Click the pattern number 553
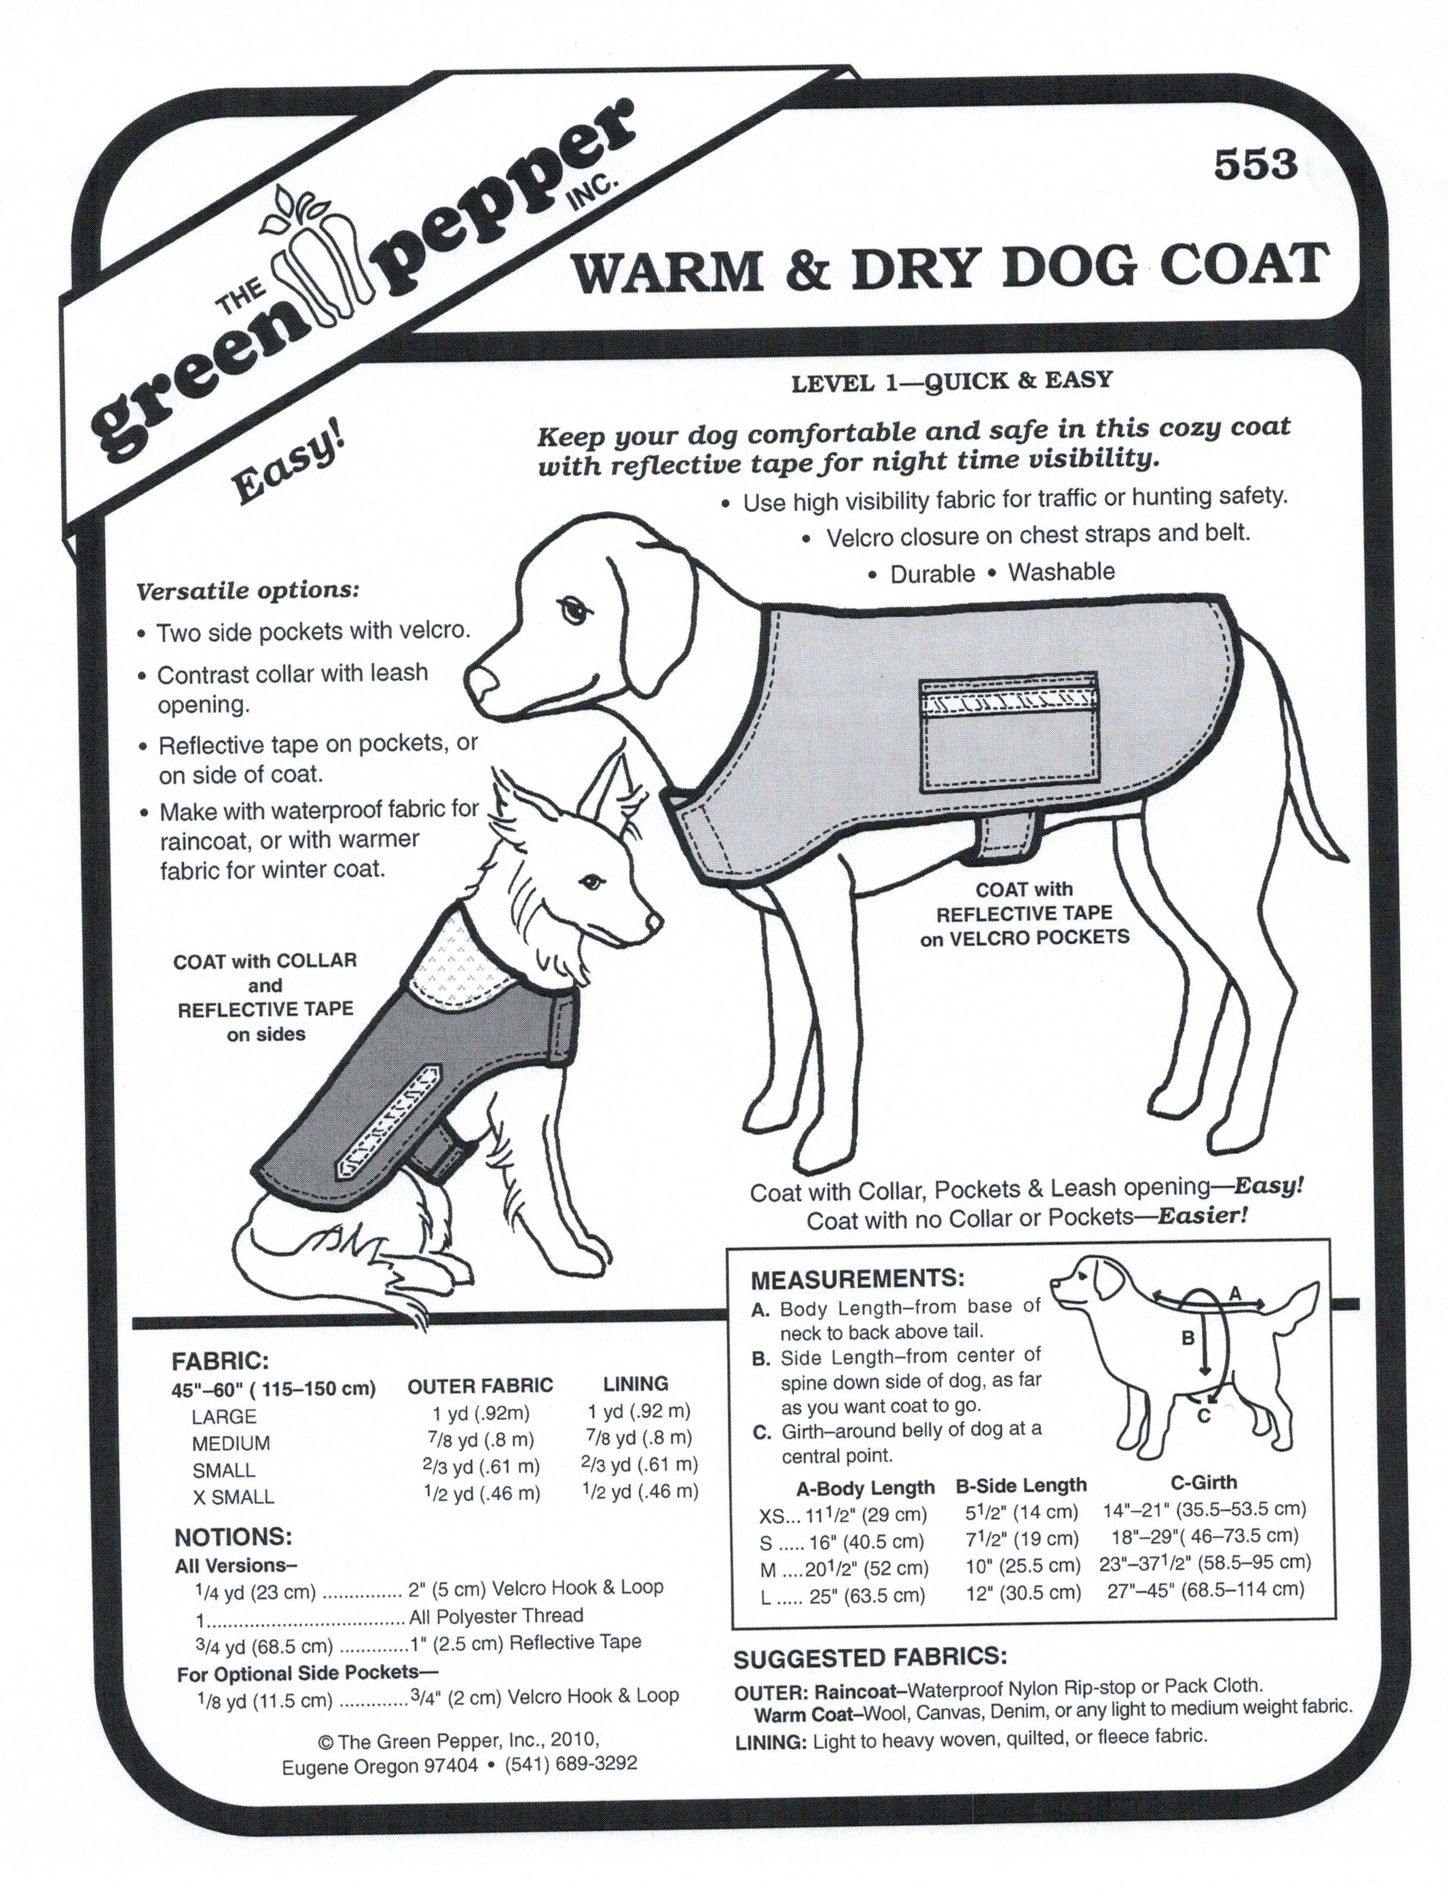[x=1255, y=164]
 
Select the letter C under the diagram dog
[x=1204, y=1416]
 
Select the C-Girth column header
[x=1203, y=1482]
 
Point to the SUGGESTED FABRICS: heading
[x=870, y=1657]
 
